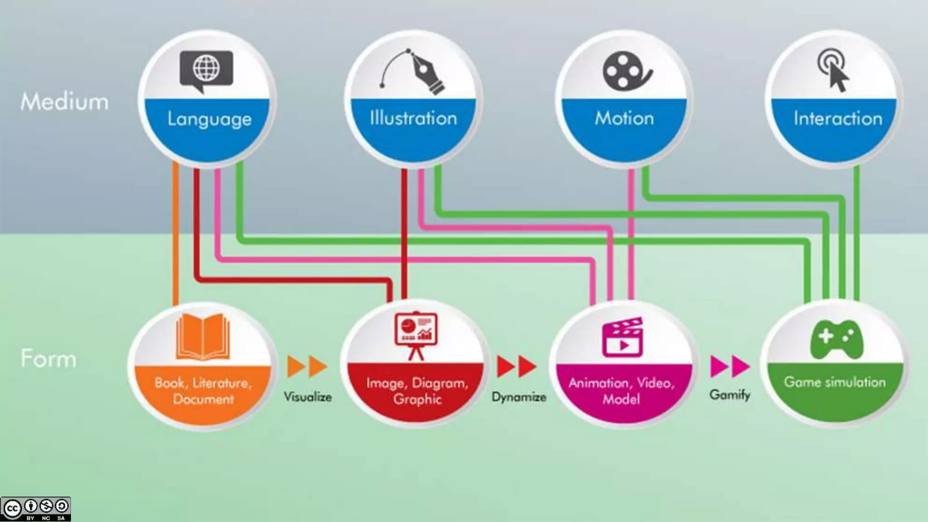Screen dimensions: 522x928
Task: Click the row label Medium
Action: [65, 101]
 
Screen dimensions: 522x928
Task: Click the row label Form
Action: [48, 359]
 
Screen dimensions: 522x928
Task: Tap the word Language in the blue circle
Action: [209, 119]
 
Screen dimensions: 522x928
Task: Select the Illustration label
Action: [413, 118]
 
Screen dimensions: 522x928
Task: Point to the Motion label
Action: [624, 118]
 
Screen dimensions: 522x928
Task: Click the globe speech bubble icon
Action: [206, 71]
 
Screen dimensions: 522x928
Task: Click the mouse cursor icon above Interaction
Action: [834, 71]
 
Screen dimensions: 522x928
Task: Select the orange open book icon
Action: [203, 336]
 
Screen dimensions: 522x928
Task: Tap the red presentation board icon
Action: [416, 334]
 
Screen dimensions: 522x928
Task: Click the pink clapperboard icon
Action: [623, 337]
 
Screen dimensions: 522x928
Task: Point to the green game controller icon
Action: [836, 339]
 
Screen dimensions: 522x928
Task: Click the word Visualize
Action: [308, 397]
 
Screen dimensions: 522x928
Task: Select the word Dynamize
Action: [519, 397]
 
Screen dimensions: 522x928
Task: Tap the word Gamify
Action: [730, 395]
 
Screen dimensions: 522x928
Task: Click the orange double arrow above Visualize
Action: [307, 366]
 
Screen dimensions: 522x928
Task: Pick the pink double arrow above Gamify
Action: [730, 366]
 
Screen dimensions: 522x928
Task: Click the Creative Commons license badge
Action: [35, 509]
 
